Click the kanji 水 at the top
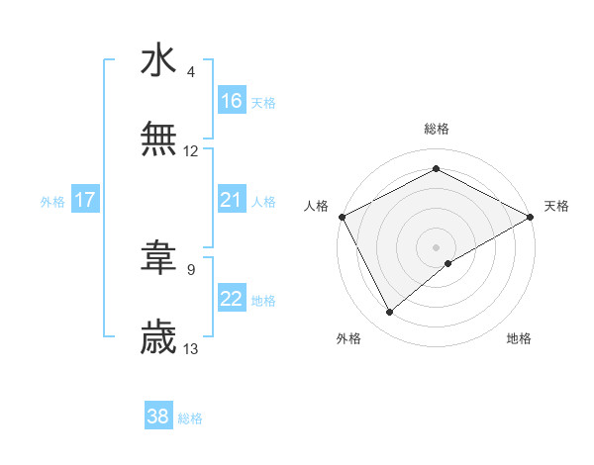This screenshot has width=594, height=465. [158, 60]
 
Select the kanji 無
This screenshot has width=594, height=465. [158, 139]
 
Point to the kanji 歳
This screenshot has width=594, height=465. [158, 337]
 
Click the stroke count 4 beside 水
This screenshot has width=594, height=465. [191, 72]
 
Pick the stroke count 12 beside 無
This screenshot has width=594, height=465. [191, 151]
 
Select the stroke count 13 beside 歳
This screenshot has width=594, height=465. [191, 348]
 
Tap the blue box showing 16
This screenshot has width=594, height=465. [232, 100]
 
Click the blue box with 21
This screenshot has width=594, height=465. [232, 200]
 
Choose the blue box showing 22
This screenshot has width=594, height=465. [232, 299]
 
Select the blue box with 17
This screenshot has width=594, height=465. [85, 200]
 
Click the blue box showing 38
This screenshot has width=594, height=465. [158, 417]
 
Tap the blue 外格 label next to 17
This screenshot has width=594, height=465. [52, 201]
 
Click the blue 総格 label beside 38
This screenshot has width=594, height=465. [190, 418]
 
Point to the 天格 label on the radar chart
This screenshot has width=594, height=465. [556, 206]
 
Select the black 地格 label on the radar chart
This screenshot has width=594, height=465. [519, 338]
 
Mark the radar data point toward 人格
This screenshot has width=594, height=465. [342, 216]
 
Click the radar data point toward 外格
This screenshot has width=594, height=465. [390, 313]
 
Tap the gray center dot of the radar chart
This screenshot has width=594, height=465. [437, 246]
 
